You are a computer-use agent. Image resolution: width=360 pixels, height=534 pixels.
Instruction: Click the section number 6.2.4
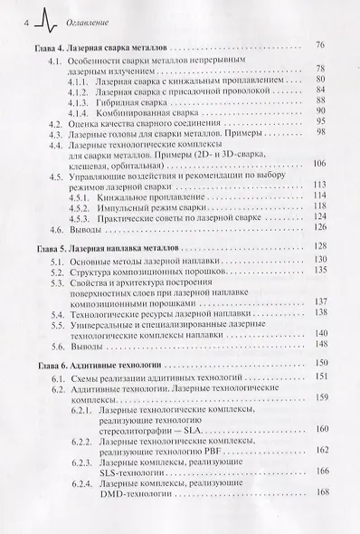(82, 485)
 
